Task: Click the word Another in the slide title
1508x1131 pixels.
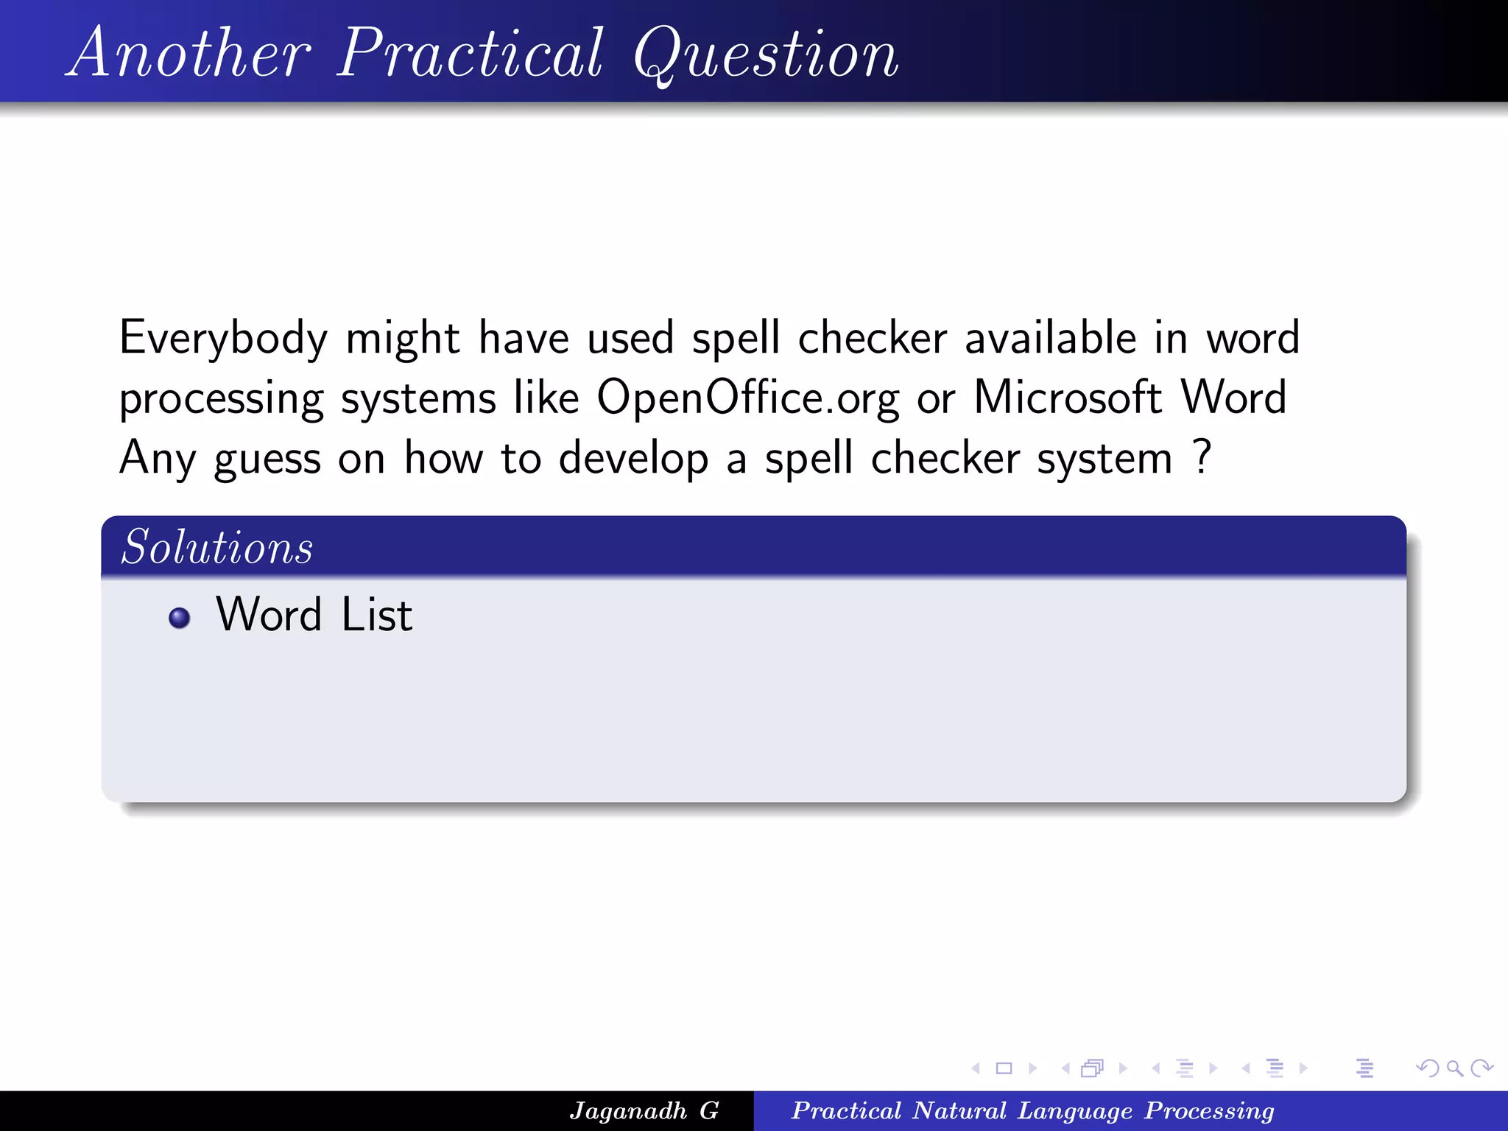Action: pos(191,53)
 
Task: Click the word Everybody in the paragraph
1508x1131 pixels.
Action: pos(223,339)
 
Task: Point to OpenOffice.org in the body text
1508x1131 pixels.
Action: pos(747,399)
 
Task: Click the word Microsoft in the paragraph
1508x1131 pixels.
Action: pos(1068,398)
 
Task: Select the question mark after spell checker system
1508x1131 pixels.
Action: pos(1202,457)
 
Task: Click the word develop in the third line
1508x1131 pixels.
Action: pos(633,459)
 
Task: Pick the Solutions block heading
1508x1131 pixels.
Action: pos(217,547)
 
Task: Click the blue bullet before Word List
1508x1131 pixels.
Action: pos(179,617)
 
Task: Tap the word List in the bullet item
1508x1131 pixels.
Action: pos(376,615)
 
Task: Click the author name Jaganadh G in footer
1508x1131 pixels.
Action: pos(644,1110)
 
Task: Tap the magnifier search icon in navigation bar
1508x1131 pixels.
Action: pos(1454,1068)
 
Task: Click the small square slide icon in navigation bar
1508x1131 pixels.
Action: pos(1004,1068)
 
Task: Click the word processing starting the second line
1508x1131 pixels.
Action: pos(221,401)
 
